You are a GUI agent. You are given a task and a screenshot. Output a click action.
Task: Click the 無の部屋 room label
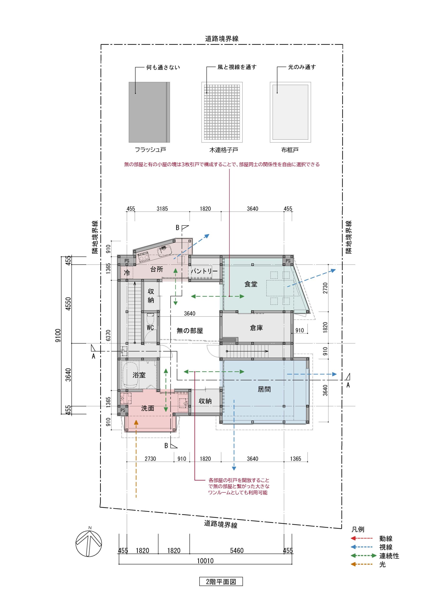[190, 331]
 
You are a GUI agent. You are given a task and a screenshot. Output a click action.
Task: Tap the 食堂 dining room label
[251, 284]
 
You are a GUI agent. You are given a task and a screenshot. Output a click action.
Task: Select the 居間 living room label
[264, 389]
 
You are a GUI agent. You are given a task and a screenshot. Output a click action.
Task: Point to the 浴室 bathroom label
[139, 375]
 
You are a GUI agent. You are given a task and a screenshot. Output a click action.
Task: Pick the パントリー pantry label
[204, 271]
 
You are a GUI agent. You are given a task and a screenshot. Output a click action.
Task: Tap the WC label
[150, 327]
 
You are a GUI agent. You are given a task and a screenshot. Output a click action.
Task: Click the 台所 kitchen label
[156, 269]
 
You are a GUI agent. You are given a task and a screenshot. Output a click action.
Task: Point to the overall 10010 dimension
[205, 561]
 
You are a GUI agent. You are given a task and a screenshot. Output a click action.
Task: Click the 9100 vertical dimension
[58, 335]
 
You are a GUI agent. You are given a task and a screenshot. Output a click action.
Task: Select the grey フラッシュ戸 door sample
[149, 112]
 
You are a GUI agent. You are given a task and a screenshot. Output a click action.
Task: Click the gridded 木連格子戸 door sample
[222, 112]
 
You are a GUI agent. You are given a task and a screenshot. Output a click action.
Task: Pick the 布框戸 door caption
[290, 150]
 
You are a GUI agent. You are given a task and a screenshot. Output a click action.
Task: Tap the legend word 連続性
[389, 556]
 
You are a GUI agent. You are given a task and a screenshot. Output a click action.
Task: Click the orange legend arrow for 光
[361, 564]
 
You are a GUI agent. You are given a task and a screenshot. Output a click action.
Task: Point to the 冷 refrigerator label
[127, 273]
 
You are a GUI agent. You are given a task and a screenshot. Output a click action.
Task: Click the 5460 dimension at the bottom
[237, 551]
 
